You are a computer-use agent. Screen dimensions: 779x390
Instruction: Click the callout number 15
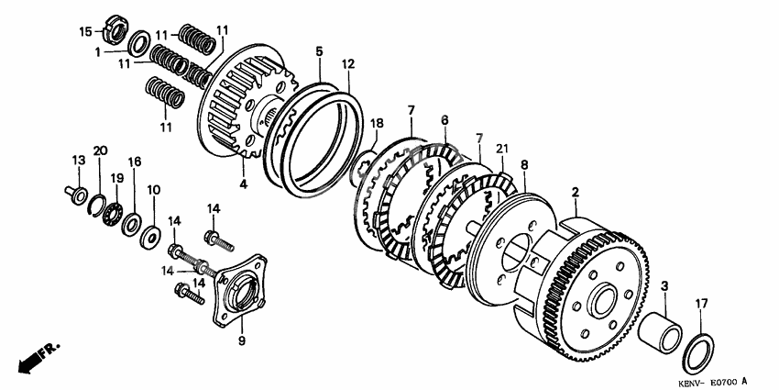(x=85, y=32)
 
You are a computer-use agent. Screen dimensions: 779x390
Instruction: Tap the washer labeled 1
(x=140, y=44)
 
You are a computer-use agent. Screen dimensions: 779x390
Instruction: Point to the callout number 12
(x=348, y=63)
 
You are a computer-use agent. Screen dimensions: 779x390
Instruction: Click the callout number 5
(x=319, y=50)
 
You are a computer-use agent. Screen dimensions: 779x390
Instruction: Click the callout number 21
(x=502, y=148)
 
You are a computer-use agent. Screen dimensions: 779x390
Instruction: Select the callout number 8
(x=524, y=164)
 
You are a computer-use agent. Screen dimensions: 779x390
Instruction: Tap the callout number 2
(x=576, y=192)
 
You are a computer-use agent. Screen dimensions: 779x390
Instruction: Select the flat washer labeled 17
(x=698, y=352)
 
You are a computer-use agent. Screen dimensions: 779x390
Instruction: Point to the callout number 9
(x=242, y=340)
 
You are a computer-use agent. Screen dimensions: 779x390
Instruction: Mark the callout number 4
(x=243, y=184)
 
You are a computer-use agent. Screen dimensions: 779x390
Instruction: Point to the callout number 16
(x=134, y=162)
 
